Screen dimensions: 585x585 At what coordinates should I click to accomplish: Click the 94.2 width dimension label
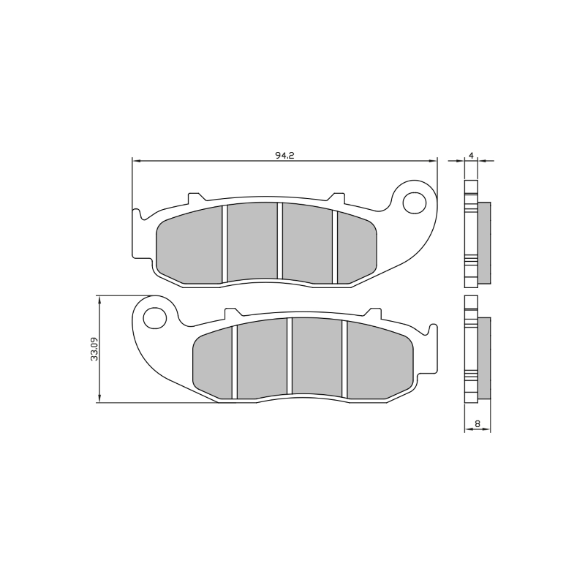click(284, 154)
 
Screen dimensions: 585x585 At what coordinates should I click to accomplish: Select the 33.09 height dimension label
click(94, 350)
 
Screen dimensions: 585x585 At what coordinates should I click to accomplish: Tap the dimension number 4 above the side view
click(472, 155)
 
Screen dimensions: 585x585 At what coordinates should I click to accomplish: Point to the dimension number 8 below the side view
click(477, 423)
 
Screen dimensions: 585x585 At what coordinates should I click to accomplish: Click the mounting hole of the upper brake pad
click(416, 201)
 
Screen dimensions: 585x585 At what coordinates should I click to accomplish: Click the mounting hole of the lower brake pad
click(154, 317)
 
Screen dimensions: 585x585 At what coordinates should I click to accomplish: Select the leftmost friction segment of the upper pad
click(190, 246)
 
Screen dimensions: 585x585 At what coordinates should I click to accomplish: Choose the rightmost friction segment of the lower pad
click(380, 361)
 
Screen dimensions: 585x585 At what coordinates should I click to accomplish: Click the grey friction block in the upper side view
click(484, 242)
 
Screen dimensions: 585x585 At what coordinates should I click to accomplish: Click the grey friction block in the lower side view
click(484, 357)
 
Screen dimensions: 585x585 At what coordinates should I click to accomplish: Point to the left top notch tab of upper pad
click(195, 197)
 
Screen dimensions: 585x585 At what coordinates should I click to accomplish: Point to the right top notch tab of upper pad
click(337, 197)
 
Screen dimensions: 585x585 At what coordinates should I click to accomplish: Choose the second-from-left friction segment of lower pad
click(261, 359)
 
